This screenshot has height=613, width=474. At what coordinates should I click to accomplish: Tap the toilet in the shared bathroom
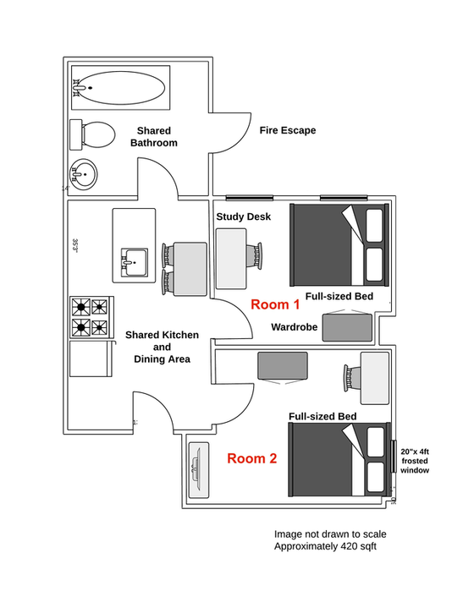[94, 134]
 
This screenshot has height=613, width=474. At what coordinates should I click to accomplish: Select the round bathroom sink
[84, 175]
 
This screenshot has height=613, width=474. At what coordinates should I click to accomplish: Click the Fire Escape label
[288, 130]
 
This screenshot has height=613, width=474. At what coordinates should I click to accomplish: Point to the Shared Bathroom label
[153, 137]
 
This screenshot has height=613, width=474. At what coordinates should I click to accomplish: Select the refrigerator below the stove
[91, 358]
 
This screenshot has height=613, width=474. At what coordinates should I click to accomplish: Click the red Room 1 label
[274, 304]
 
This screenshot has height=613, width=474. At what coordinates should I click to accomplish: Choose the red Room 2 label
[251, 459]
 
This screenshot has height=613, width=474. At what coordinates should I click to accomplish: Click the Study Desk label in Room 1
[243, 217]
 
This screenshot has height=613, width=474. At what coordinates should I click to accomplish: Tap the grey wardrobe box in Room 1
[346, 326]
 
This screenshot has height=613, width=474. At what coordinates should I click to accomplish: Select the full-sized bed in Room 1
[339, 244]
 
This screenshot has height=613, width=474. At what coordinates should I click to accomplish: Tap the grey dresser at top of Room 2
[284, 365]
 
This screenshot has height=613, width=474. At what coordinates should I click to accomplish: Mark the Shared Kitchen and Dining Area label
[162, 347]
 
